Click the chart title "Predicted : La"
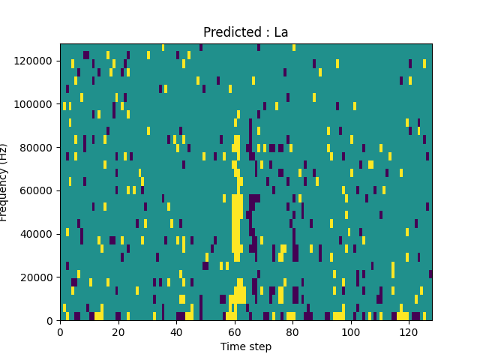click(245, 32)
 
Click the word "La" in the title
click(280, 32)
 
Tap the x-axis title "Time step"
click(246, 346)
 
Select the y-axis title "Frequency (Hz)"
click(5, 182)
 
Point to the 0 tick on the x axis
click(60, 332)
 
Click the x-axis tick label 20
click(118, 332)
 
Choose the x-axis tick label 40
click(176, 332)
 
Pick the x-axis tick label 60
click(234, 332)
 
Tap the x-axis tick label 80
click(292, 332)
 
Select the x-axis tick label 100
click(350, 332)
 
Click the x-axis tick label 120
click(409, 332)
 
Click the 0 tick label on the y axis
click(51, 321)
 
